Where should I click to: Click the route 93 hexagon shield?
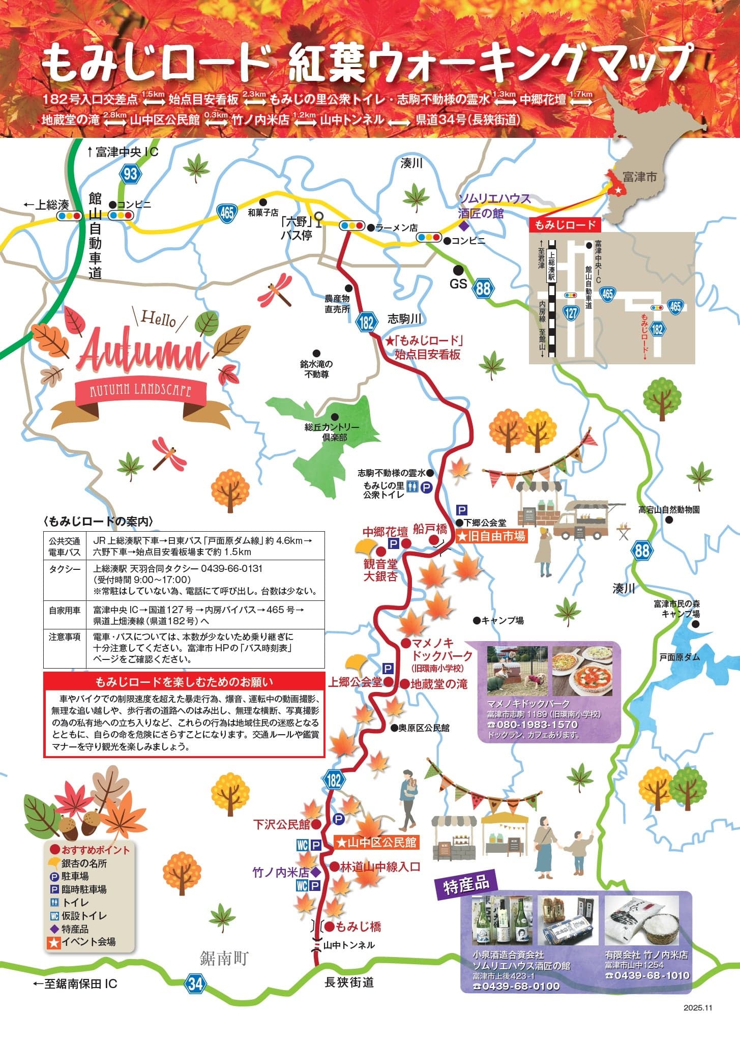coord(130,174)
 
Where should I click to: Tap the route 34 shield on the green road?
coord(195,983)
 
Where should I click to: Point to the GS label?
coord(458,283)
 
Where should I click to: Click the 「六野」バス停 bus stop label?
coord(297,228)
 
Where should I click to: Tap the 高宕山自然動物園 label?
coord(669,509)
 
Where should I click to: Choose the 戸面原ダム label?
coord(679,657)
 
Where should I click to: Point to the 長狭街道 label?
coord(349,983)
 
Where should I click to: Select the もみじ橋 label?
coord(359,926)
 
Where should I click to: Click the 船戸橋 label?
coord(430,529)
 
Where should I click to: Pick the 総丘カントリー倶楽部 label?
coord(332,432)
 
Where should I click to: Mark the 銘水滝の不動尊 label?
coord(316,369)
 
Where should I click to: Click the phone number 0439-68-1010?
coord(647,975)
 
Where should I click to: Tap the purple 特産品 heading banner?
coord(466,886)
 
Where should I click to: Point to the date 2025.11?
coord(699,1007)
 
